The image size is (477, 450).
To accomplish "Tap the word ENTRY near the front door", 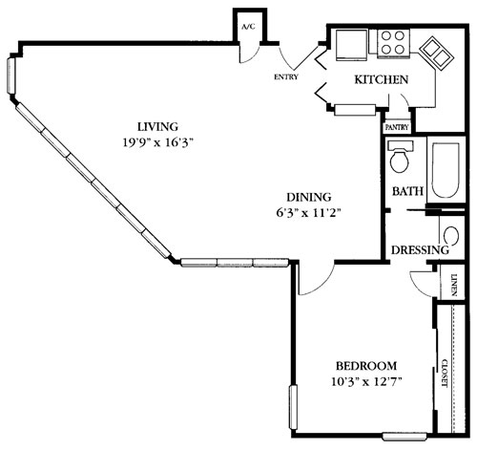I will (x=285, y=76).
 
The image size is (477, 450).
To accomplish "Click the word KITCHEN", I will (x=382, y=80).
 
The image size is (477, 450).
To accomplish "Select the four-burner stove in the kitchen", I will (x=391, y=41).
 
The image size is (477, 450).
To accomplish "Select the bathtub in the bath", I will (x=445, y=172).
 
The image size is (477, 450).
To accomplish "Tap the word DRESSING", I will (x=419, y=250).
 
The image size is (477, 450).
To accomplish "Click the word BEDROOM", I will (x=366, y=367).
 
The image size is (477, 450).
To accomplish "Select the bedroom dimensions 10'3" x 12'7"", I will (x=366, y=384).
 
